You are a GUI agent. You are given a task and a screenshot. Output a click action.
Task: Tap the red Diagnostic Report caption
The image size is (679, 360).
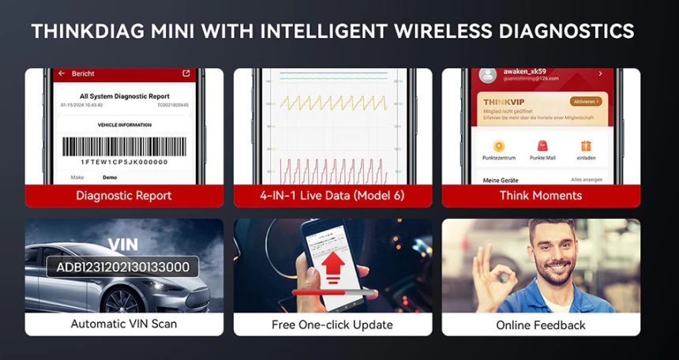pos(124,195)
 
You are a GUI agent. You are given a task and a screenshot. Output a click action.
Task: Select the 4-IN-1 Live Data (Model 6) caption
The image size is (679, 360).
pos(332,195)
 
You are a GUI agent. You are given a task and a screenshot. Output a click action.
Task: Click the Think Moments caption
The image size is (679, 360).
pos(541,195)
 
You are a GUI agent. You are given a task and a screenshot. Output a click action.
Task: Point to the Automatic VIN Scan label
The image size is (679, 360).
pos(124,324)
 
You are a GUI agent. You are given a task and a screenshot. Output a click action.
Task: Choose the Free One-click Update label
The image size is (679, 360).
pos(332,324)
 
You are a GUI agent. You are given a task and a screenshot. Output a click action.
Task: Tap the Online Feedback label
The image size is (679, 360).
pos(541,324)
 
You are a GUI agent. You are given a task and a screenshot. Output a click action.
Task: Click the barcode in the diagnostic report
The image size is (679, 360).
pos(126,148)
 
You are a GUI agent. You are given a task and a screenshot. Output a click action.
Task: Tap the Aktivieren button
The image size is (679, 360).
pos(584,102)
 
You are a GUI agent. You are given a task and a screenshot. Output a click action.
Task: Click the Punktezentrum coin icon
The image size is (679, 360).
pos(498,146)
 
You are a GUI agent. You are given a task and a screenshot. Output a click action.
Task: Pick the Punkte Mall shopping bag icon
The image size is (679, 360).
pos(542,146)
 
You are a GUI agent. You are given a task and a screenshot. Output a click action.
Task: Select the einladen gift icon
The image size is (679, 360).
pos(585,146)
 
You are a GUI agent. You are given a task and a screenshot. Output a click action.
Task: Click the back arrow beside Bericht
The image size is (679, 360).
pos(62,73)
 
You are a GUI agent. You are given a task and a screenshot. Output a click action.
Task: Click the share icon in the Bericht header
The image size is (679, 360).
pos(186,73)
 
